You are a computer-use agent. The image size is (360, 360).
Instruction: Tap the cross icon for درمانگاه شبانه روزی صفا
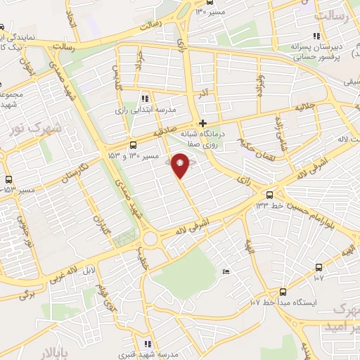pos(203,123)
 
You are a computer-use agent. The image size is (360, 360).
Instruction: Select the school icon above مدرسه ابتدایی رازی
pos(145,98)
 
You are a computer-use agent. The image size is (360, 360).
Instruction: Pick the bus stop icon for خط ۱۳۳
pos(269,195)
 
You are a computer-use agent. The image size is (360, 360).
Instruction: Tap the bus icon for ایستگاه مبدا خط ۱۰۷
pos(283,291)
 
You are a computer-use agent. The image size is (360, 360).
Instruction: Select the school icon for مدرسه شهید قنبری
pos(147,344)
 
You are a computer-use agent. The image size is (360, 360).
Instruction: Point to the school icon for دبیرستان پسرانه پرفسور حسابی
pos(316,36)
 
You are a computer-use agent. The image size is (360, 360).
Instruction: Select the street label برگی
pos(27,295)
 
